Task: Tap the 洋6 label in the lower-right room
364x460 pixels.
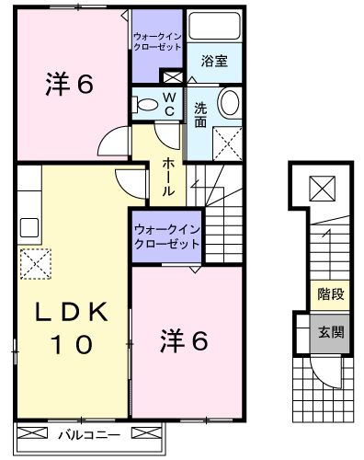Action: click(x=192, y=340)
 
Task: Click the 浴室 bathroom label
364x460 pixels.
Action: click(x=215, y=62)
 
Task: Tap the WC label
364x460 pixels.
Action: click(x=170, y=103)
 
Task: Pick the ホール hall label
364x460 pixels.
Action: click(x=171, y=177)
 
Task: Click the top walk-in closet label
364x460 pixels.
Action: click(x=157, y=41)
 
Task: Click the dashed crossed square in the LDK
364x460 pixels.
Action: click(x=35, y=264)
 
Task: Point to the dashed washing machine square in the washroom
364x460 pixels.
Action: click(x=226, y=142)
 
